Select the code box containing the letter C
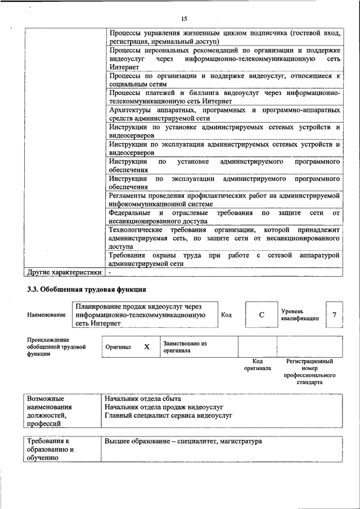(x=262, y=315)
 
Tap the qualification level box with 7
(x=334, y=315)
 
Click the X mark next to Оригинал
(x=147, y=347)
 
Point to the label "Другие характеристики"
(x=64, y=272)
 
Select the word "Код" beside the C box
(x=226, y=315)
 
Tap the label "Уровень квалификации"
(x=300, y=314)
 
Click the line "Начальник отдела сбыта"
(x=143, y=398)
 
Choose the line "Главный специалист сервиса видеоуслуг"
(x=169, y=416)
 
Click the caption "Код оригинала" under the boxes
(x=258, y=364)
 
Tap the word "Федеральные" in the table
(x=129, y=213)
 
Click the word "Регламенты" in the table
(x=128, y=195)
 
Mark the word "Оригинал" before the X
(x=118, y=348)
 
